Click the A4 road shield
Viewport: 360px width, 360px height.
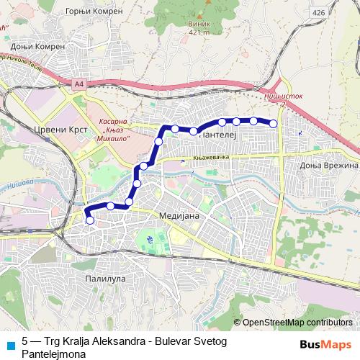coord(77,84)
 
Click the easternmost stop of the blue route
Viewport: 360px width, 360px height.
coord(274,124)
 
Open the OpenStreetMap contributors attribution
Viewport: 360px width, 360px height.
coord(297,323)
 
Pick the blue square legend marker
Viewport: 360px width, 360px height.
coord(9,343)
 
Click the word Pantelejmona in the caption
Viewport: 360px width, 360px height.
coord(55,354)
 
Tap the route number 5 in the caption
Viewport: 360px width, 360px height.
coord(26,341)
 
